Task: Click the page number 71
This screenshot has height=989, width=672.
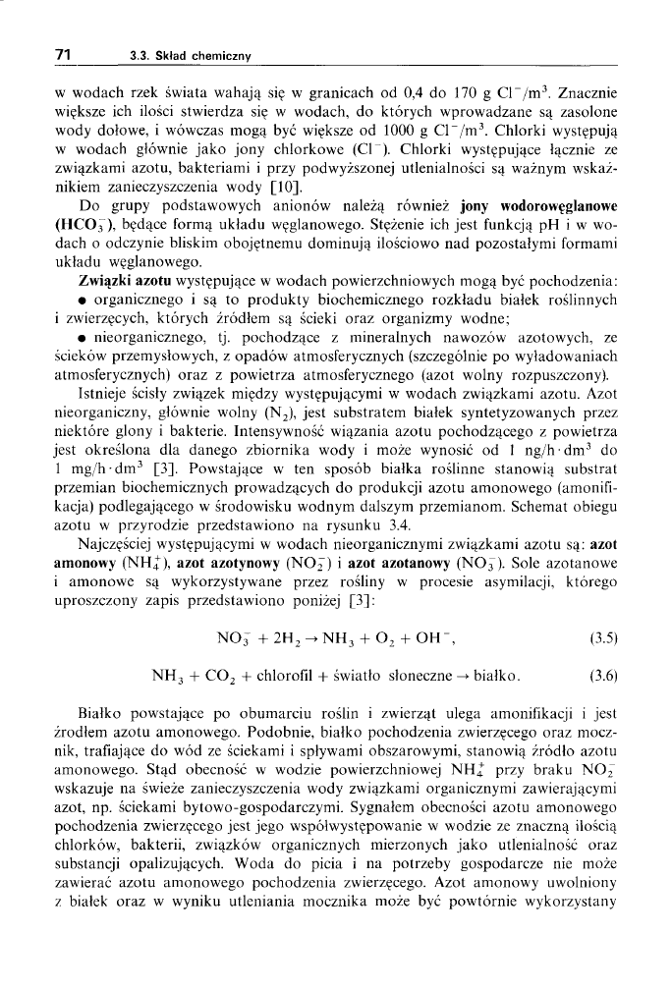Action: coord(62,55)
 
